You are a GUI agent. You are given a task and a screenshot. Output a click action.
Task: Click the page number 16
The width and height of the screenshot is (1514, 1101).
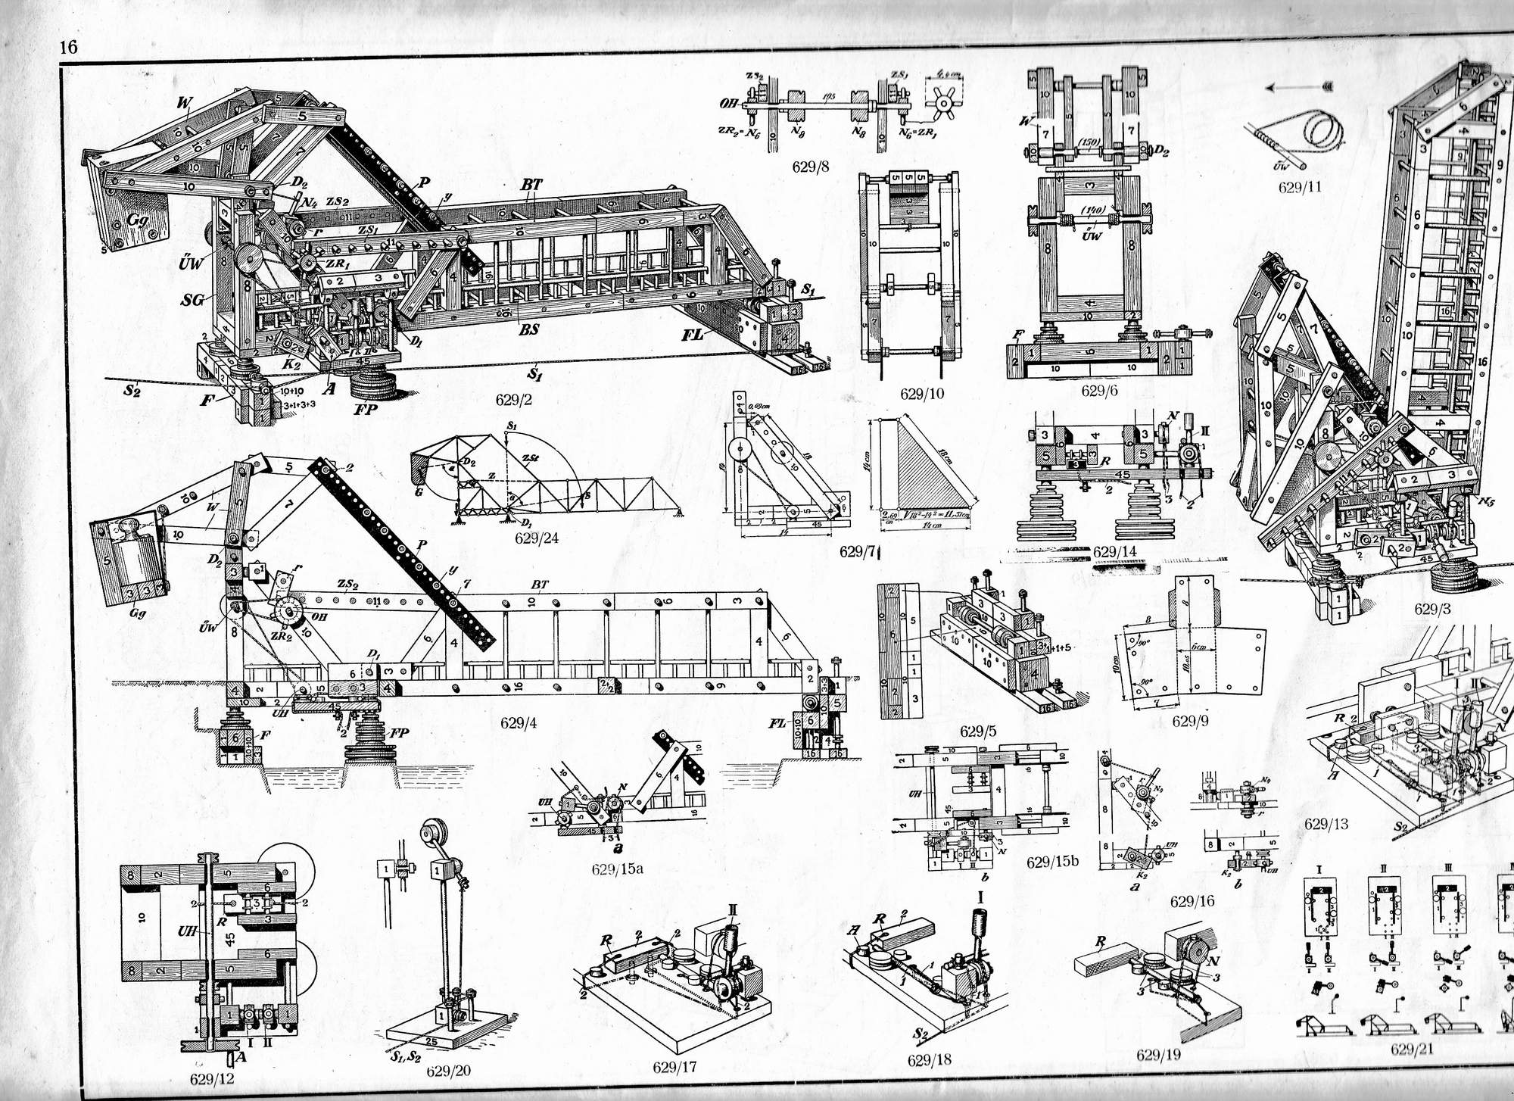[68, 47]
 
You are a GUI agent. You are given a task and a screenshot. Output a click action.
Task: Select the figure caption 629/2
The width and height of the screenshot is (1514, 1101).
[514, 400]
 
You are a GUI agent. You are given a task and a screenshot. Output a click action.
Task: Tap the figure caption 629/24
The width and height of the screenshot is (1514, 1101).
[536, 538]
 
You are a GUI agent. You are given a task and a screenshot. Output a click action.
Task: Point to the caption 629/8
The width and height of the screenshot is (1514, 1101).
[811, 167]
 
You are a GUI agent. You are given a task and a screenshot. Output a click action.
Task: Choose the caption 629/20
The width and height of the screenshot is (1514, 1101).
[448, 1070]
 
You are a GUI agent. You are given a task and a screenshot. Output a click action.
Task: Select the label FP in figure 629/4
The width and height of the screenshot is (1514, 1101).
[398, 735]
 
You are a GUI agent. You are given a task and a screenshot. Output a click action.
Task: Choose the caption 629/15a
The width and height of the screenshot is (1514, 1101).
[618, 869]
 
